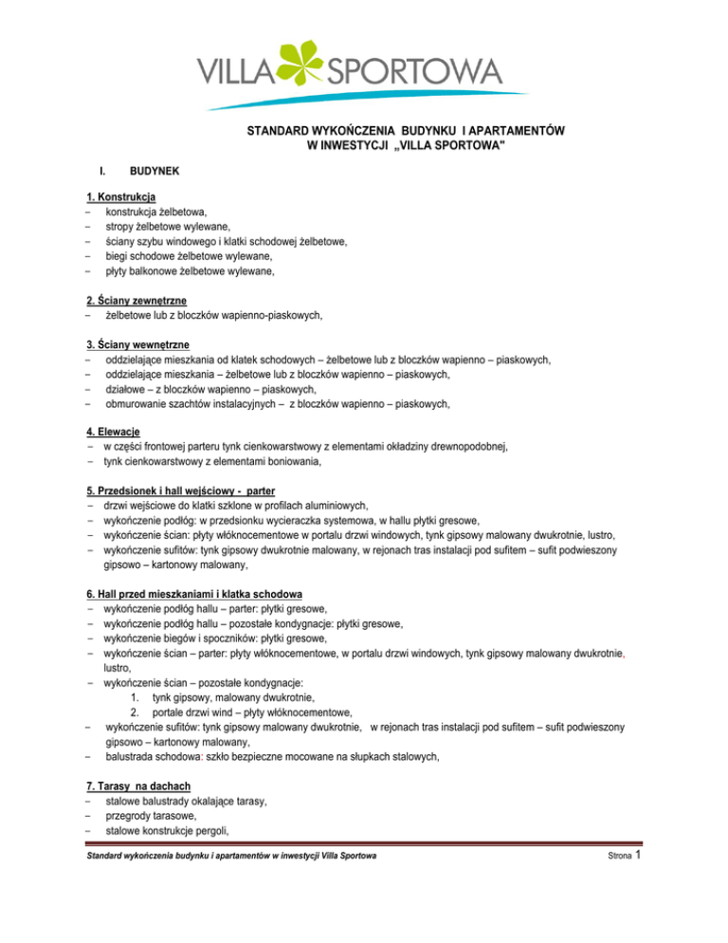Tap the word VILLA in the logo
(x=236, y=71)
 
